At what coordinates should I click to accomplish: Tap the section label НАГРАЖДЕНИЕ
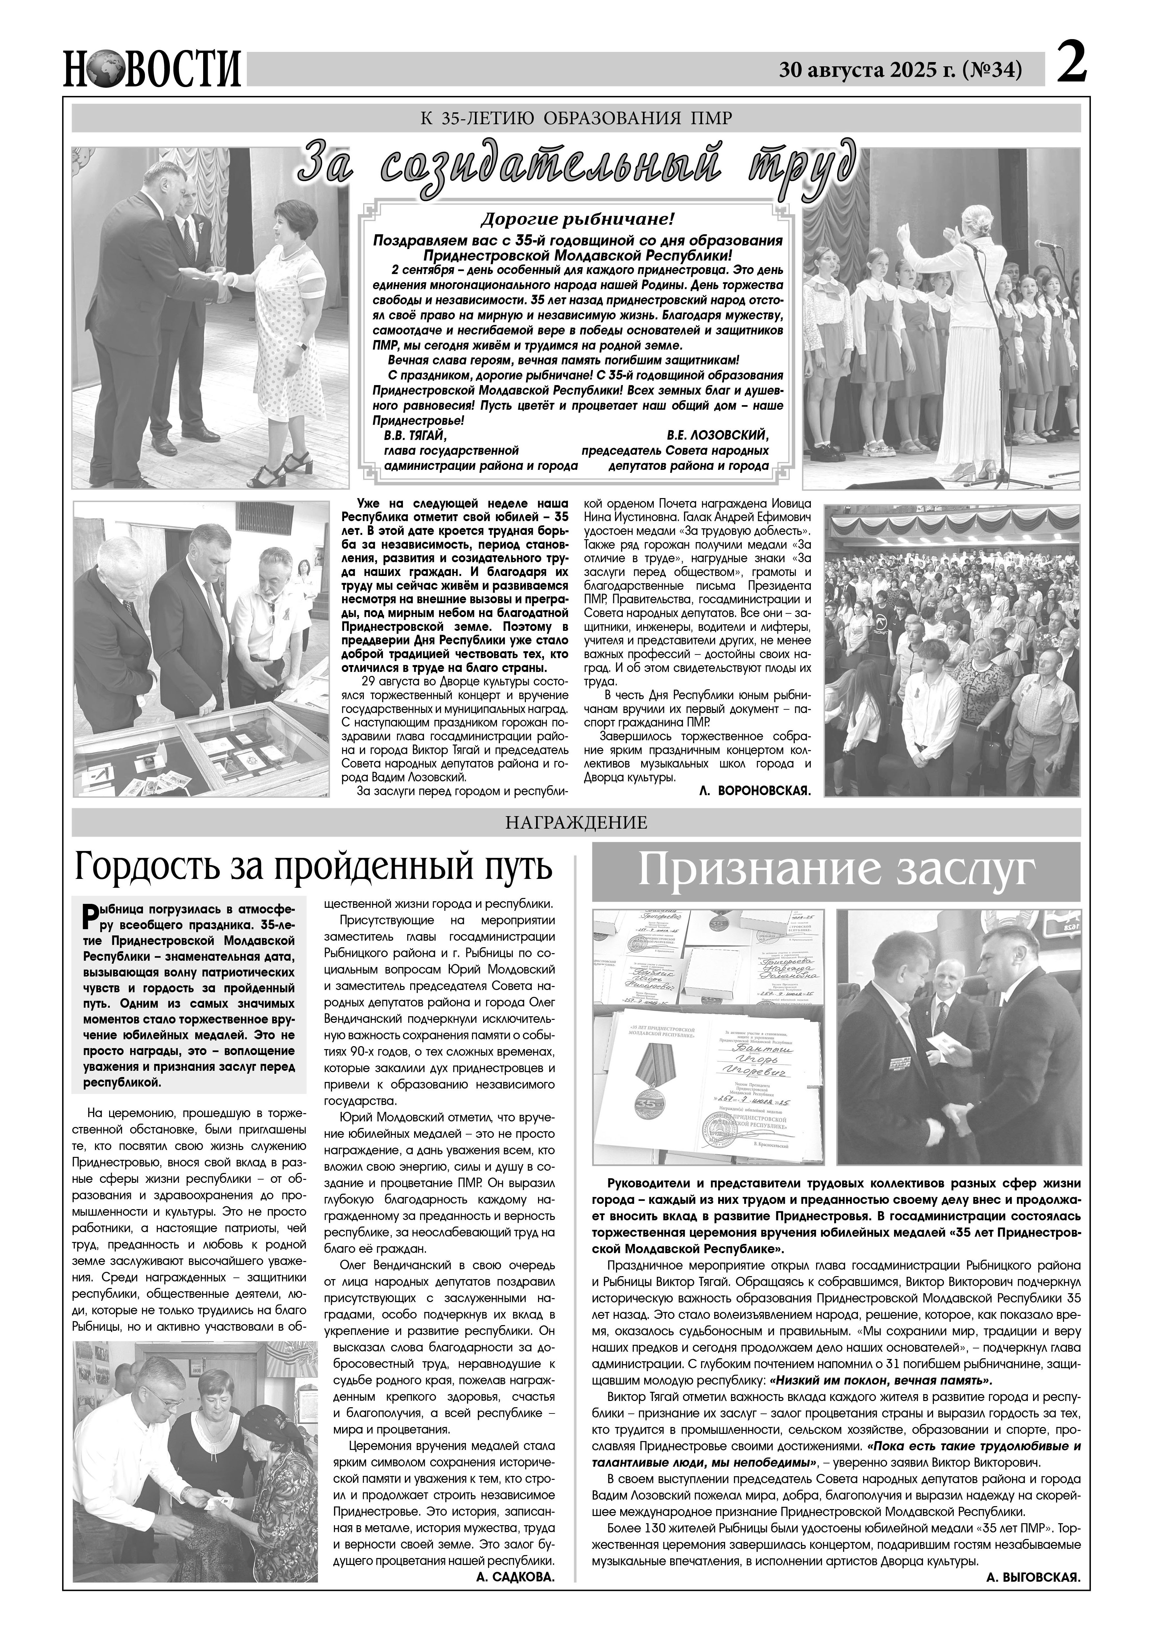[576, 823]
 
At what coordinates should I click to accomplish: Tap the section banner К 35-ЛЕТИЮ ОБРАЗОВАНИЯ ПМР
[576, 118]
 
